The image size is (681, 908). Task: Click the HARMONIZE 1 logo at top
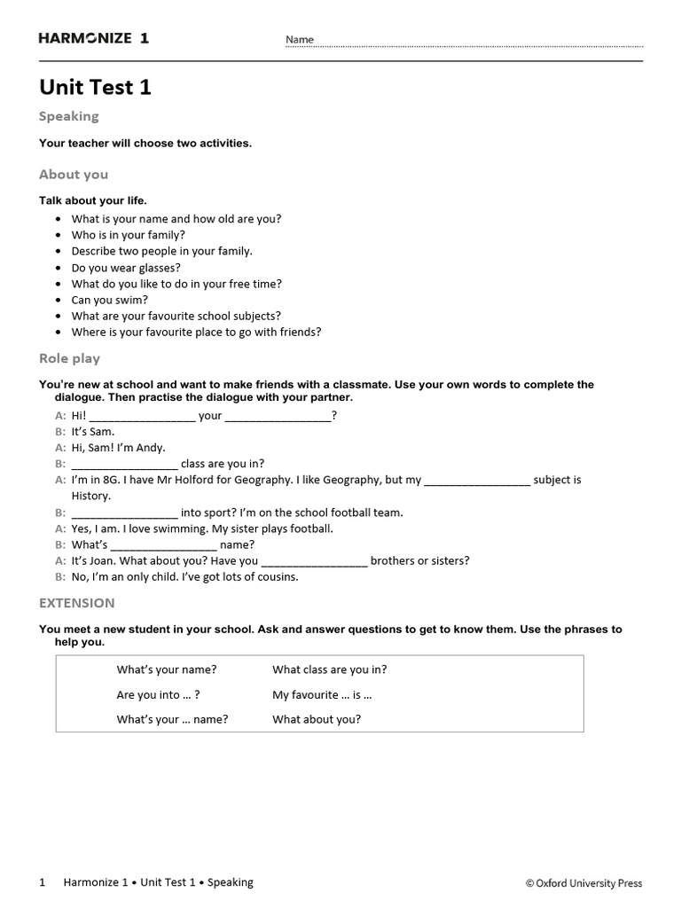point(94,38)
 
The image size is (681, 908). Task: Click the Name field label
point(300,40)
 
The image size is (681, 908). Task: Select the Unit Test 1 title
point(96,88)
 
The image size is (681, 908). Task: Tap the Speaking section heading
point(69,116)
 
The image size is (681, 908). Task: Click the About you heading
point(74,175)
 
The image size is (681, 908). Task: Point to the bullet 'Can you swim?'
point(110,300)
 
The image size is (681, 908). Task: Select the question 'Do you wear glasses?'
point(126,267)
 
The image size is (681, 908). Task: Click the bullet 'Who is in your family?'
point(129,235)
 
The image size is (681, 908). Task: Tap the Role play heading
point(69,359)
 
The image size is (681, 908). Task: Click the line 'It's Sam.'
point(93,432)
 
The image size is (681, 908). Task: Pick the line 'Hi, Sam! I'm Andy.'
point(119,448)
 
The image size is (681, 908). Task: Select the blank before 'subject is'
point(477,481)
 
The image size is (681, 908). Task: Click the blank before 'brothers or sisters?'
point(315,561)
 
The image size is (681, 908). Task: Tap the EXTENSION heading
point(77,603)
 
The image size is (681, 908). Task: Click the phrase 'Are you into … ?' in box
point(152,695)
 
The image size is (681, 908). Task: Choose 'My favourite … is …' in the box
point(322,695)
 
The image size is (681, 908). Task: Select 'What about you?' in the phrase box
point(317,719)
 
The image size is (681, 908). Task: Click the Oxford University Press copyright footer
point(583,883)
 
